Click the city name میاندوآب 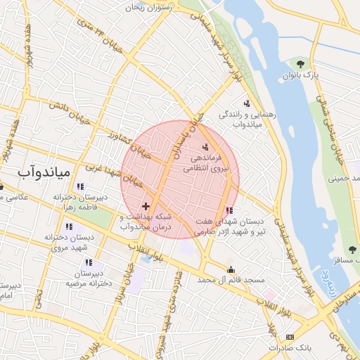(42, 171)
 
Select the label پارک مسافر (347, 260)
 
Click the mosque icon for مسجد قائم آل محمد (231, 269)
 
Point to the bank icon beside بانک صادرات (290, 338)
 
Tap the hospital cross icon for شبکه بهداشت (146, 206)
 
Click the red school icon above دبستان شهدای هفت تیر (229, 210)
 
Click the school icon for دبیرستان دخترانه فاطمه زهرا (80, 187)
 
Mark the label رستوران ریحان (149, 7)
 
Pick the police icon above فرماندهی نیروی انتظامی (205, 147)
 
